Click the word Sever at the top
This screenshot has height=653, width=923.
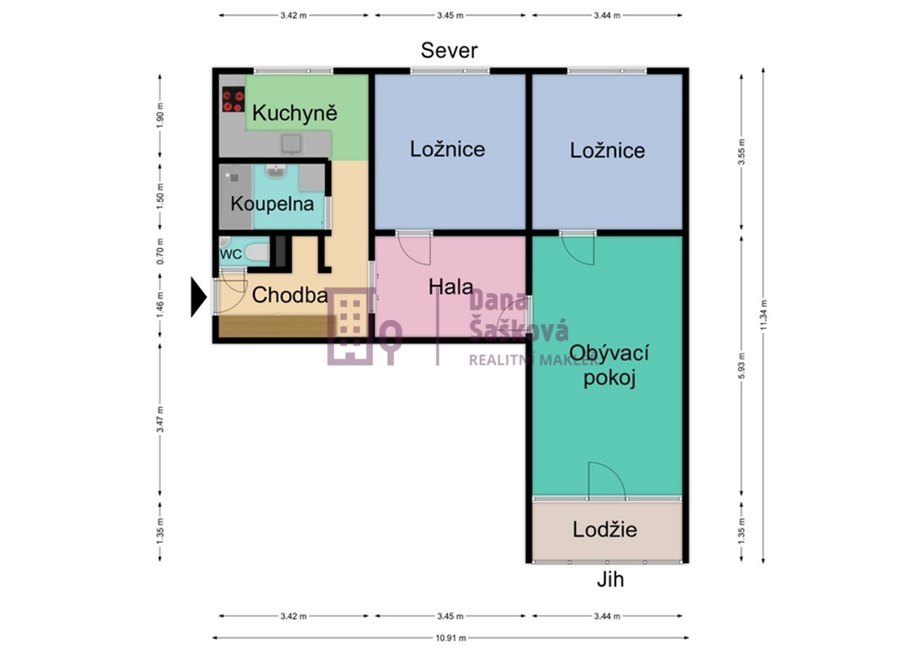coord(449,51)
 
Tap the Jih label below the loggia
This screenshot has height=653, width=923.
coord(610,580)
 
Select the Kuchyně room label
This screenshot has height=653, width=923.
coord(294,113)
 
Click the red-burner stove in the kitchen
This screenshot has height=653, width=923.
coord(233,100)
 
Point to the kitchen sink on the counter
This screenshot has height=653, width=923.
coord(291,144)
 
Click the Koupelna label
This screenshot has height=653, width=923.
coord(272,204)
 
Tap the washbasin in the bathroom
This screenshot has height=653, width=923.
coord(276,172)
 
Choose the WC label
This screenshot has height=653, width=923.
coord(231,254)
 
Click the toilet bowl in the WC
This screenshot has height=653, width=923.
coord(255,253)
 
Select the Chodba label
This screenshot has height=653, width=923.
coord(290,295)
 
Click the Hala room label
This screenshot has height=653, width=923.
coord(450,287)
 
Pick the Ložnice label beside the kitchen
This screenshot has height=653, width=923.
coord(447,149)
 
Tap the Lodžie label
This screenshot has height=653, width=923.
coord(605,529)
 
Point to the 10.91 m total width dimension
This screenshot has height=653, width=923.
coord(450,637)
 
